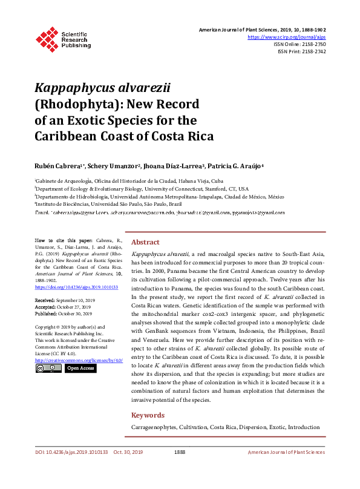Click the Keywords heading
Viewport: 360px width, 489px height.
point(148,415)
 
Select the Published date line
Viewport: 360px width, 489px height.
point(63,314)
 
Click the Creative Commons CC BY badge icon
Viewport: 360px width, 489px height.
point(48,368)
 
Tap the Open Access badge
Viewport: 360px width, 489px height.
point(80,368)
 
